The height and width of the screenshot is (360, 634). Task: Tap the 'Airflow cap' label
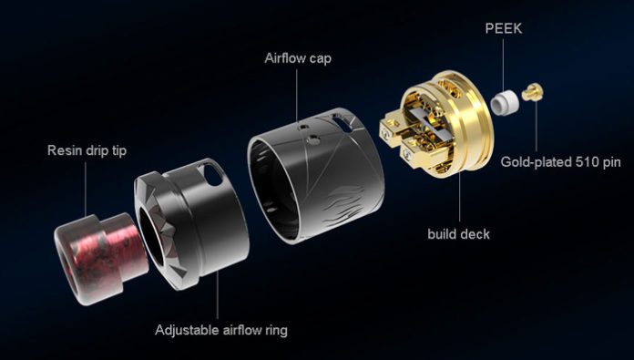coord(298,59)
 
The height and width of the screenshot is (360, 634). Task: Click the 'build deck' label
coord(458,234)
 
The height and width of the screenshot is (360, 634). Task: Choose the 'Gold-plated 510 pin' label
coord(561,163)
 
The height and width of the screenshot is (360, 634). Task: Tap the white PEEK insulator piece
coord(501,101)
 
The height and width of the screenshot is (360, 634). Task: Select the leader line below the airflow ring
coord(219,292)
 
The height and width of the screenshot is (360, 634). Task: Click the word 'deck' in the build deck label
coord(474,234)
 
